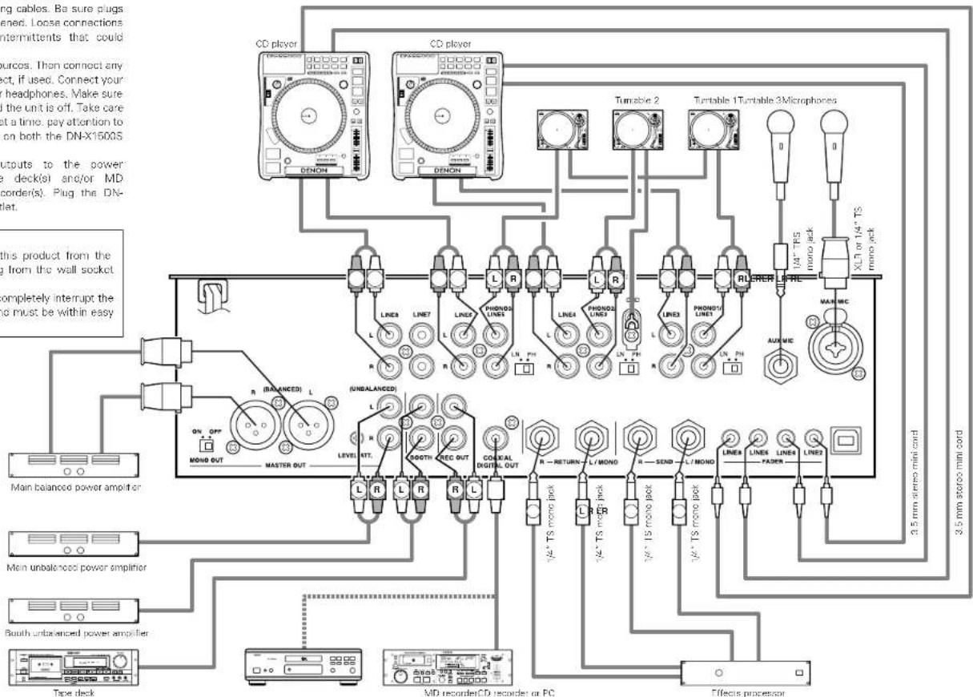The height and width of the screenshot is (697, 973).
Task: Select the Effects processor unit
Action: click(733, 670)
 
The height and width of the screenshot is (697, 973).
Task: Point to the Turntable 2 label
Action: click(633, 100)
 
